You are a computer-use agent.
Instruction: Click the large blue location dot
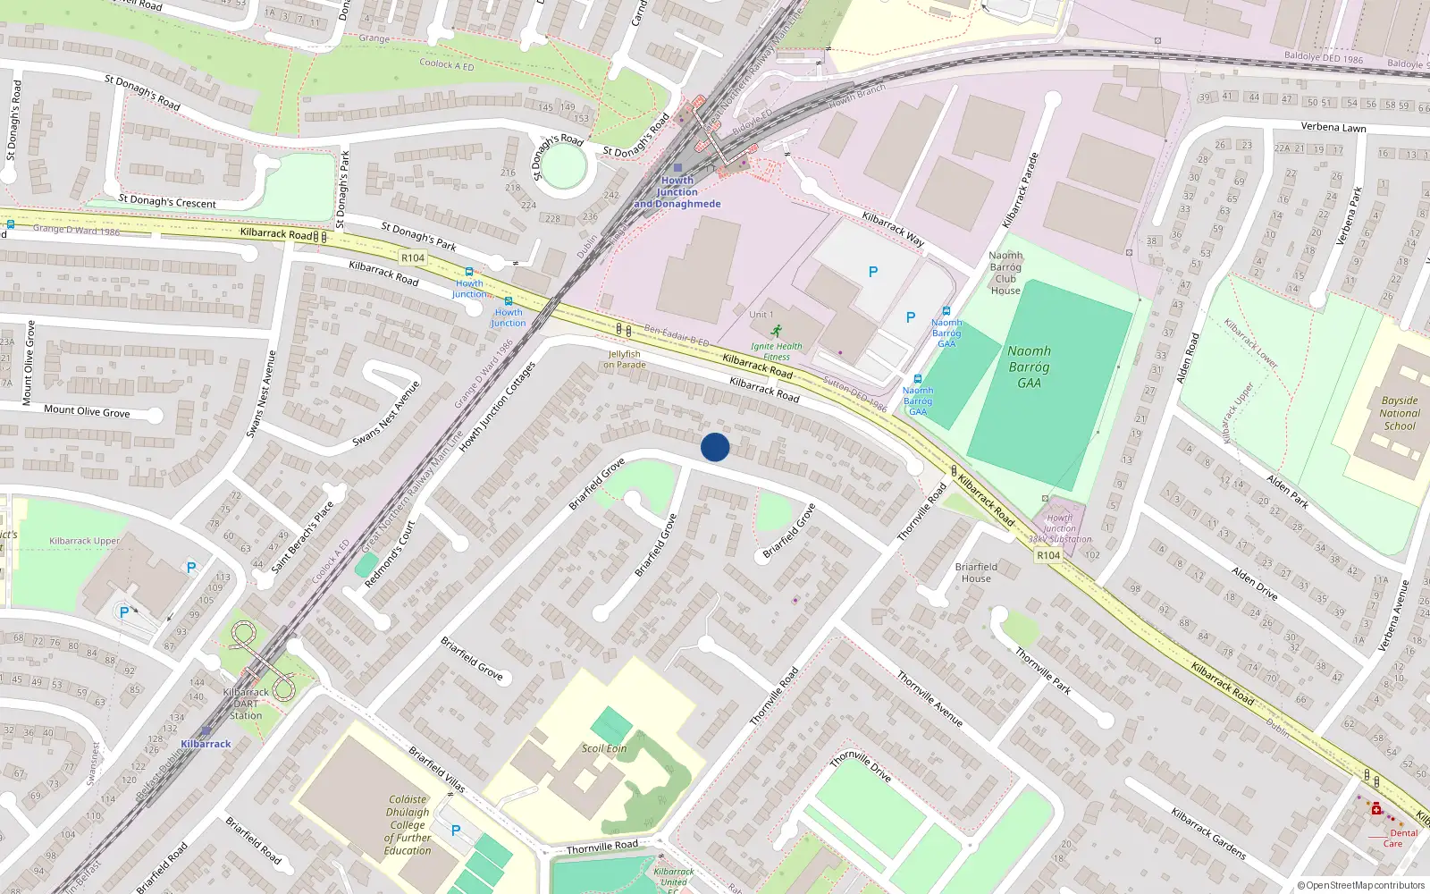(x=715, y=447)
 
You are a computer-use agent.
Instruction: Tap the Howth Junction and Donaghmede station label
(x=677, y=192)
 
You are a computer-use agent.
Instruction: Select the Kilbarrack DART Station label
(x=246, y=704)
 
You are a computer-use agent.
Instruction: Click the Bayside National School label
(x=1399, y=413)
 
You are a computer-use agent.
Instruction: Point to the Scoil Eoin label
(x=604, y=748)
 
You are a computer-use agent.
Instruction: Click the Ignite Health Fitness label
(x=776, y=351)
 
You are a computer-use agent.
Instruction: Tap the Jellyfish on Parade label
(x=624, y=359)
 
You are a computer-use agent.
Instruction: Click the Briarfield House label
(x=976, y=572)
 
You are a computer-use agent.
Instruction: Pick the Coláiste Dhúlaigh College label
(x=408, y=825)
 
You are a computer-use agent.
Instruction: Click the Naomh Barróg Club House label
(x=1005, y=273)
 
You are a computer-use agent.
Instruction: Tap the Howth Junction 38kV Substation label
(x=1059, y=528)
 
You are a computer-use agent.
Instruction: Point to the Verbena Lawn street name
(x=1333, y=127)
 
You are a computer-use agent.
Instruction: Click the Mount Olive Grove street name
(x=87, y=411)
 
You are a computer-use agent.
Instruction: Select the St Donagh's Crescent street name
(x=167, y=202)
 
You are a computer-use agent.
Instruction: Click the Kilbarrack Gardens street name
(x=1208, y=833)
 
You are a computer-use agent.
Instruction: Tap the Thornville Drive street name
(x=860, y=766)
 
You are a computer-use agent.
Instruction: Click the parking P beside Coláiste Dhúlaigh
(x=456, y=831)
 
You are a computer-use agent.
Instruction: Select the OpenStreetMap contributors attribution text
(x=1360, y=885)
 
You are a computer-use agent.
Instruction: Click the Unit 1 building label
(x=761, y=315)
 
